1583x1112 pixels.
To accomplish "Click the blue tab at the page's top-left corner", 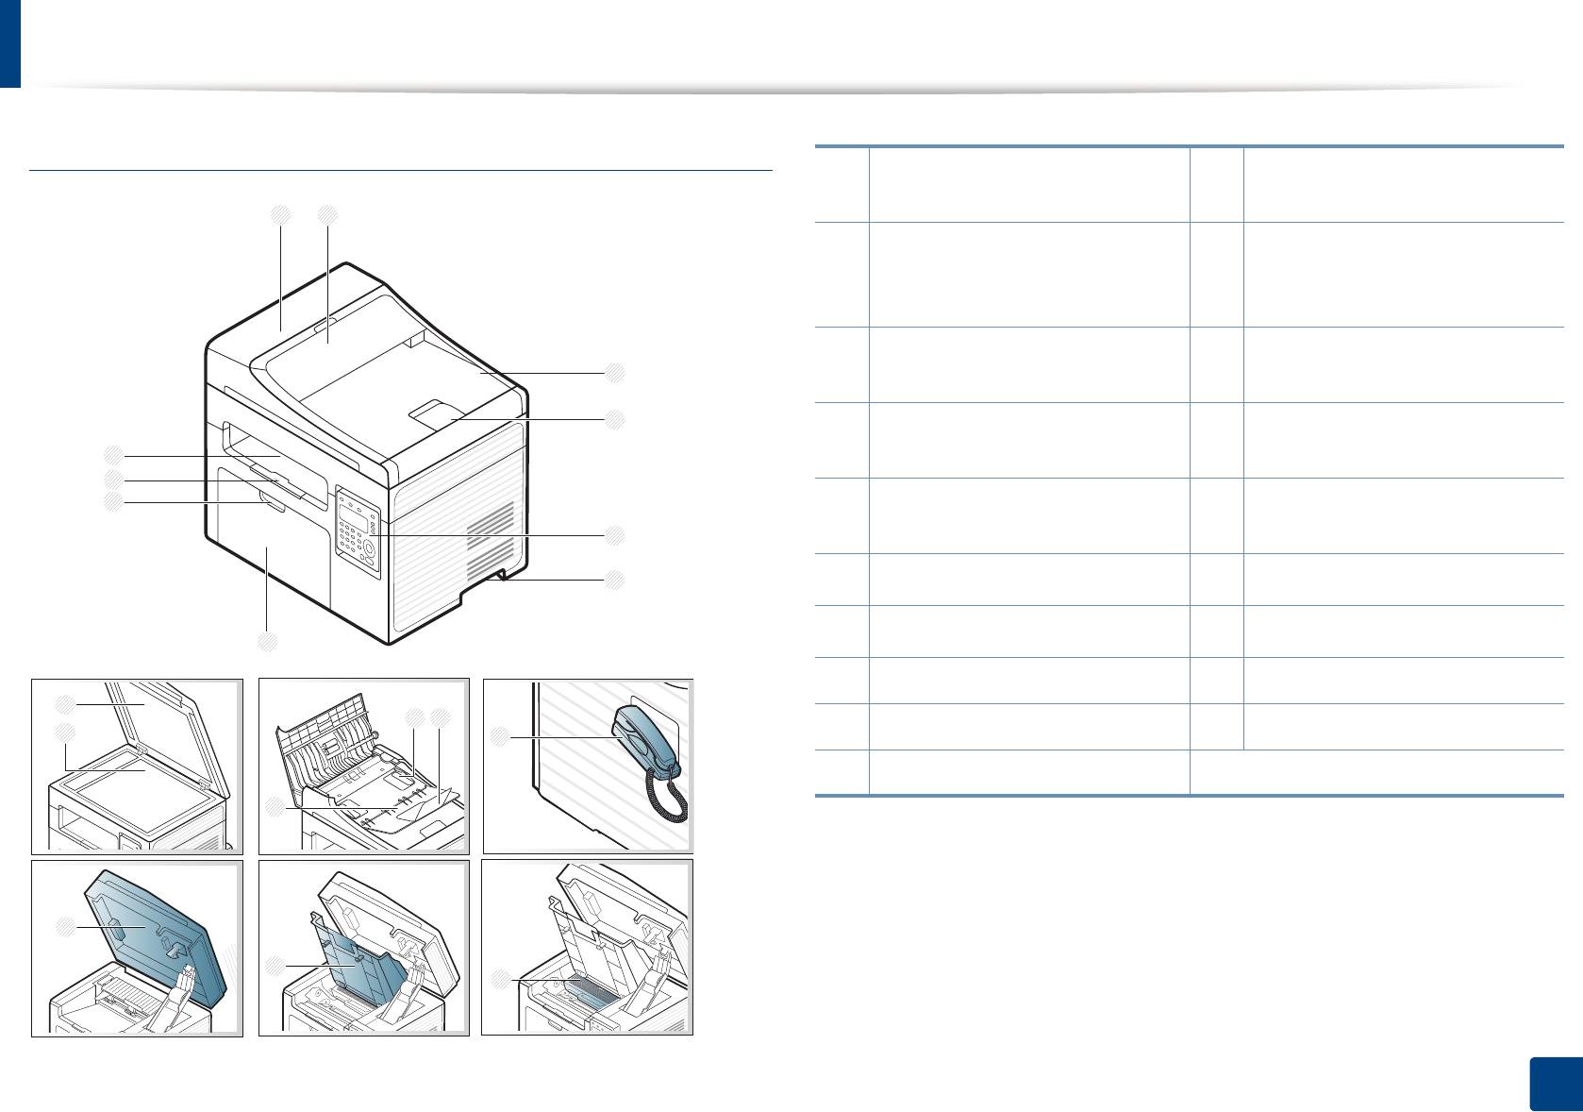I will coord(9,43).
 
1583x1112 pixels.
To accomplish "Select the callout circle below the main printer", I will coord(268,642).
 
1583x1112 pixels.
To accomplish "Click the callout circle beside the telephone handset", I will coord(500,735).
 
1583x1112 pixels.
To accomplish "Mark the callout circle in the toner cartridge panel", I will coord(501,981).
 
